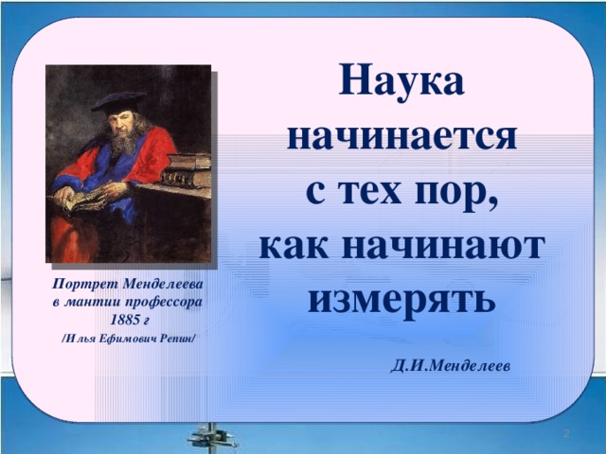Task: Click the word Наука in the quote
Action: (x=401, y=80)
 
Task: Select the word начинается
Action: (x=401, y=137)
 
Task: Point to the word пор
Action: (x=456, y=195)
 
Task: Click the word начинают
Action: (x=443, y=246)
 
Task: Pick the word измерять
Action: (x=401, y=303)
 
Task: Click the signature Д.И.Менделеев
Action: (x=451, y=366)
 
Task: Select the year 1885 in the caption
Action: (x=124, y=320)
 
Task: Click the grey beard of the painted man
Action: (x=123, y=141)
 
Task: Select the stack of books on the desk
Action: (x=187, y=170)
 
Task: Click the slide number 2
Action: (x=566, y=433)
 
